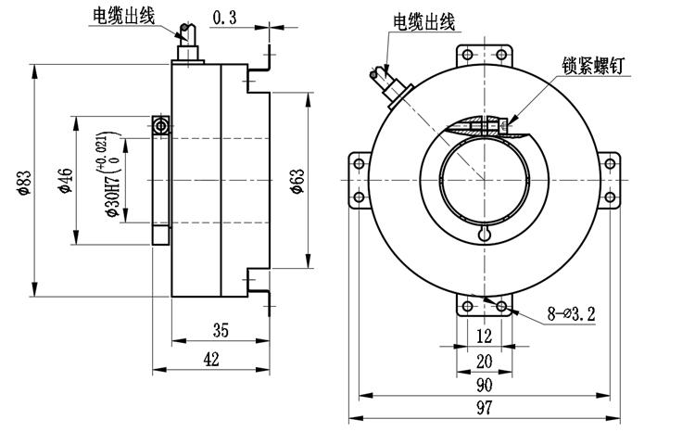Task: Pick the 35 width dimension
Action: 221,330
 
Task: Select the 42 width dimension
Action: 211,361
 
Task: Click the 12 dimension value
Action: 484,335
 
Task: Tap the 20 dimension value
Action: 484,361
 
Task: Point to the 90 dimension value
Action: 484,385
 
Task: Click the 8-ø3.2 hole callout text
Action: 571,314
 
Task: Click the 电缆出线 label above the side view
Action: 124,15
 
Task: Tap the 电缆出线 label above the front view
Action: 423,20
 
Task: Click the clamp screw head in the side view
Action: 161,125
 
